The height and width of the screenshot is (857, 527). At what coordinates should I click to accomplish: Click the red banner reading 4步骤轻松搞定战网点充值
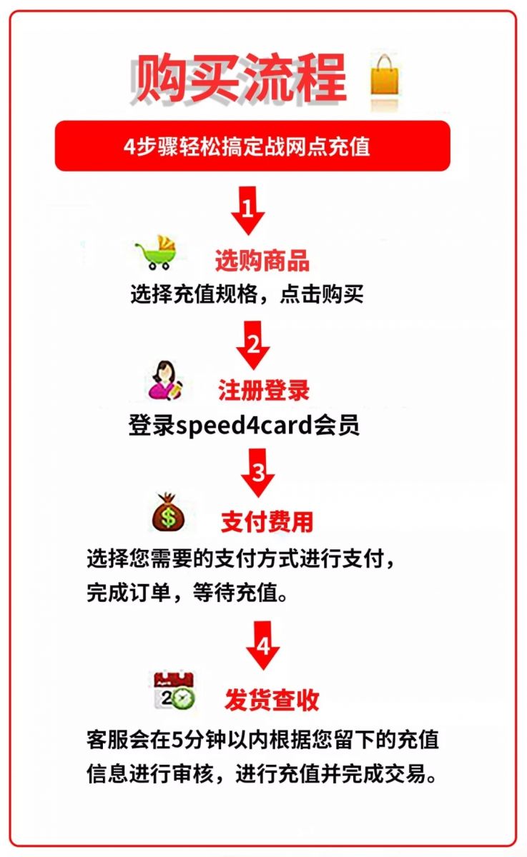[252, 146]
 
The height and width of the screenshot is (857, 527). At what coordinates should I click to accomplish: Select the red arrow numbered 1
[248, 211]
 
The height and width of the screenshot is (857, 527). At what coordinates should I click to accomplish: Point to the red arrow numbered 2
[253, 345]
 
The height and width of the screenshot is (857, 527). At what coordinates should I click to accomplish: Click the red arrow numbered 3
[257, 473]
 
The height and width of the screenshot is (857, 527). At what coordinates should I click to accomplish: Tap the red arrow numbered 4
[262, 645]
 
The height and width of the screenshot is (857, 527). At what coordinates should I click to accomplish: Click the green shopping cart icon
[156, 253]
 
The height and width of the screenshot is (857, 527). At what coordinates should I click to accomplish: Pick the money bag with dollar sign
[168, 512]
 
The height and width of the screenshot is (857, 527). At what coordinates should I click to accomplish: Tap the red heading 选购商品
[262, 261]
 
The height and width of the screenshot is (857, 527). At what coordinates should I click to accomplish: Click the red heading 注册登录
[264, 390]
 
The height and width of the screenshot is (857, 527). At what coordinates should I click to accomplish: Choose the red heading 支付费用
[267, 521]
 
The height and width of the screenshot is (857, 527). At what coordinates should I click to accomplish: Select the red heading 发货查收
[272, 700]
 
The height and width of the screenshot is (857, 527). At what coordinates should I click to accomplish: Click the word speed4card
[245, 425]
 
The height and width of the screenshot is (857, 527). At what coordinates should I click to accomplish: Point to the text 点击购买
[322, 294]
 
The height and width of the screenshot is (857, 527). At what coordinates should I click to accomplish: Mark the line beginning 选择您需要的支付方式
[240, 559]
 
